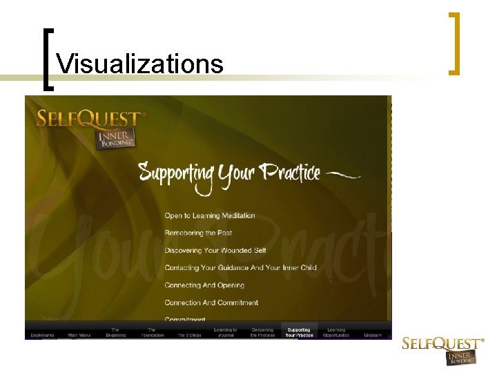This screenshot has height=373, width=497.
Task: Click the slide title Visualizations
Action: (140, 64)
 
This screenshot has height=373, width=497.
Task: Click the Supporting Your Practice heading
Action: (229, 173)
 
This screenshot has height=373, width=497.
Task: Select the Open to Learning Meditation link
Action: (210, 216)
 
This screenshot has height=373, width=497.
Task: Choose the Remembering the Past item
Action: (198, 233)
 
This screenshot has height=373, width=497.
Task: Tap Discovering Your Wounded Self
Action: (215, 250)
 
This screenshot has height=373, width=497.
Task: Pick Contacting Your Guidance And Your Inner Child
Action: (240, 267)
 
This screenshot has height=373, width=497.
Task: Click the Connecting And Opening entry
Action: (204, 285)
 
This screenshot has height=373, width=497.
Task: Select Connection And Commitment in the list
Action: (211, 303)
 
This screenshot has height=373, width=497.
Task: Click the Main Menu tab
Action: (79, 335)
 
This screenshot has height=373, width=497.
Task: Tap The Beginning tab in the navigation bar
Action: (115, 332)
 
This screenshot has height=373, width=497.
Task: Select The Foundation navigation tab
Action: (153, 332)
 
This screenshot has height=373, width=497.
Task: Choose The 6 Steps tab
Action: (190, 335)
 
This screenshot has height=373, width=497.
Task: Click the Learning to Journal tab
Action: (225, 332)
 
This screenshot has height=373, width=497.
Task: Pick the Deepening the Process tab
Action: (262, 332)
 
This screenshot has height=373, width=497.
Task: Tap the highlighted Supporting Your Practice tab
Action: (299, 332)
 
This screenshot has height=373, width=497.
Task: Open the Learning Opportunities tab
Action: (336, 332)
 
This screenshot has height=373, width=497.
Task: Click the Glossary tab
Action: (373, 335)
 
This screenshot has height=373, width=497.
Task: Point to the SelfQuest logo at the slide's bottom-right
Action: (443, 350)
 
